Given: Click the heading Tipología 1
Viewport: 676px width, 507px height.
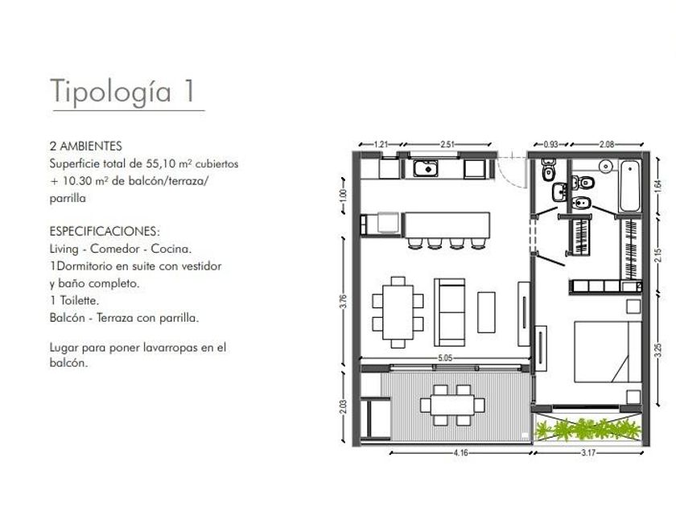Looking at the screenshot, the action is coord(123,92).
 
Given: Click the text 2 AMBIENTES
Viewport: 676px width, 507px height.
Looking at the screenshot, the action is coord(86,146).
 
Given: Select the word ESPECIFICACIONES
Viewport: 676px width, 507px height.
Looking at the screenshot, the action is coord(104,231).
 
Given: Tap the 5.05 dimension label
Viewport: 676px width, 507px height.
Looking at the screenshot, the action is coord(445,358).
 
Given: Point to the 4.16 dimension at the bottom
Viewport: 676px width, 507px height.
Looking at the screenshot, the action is coord(460,452).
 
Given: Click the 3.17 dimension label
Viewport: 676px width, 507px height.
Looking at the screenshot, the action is coord(588,452).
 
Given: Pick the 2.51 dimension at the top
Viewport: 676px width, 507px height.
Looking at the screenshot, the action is coord(447,144).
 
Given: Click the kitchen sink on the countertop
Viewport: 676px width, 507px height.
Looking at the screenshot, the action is coord(426,168).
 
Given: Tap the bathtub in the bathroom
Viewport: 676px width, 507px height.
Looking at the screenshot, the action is coord(630,186).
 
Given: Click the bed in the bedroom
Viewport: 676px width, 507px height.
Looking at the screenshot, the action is coord(608,352).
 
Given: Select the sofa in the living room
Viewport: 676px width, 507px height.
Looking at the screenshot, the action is coord(450,312).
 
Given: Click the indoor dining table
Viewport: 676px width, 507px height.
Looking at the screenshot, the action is coord(398,312).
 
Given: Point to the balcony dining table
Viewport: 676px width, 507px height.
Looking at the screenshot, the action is coord(452,406).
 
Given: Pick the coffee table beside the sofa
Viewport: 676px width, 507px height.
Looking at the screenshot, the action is coord(486,312).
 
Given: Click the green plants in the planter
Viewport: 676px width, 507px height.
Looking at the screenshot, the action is coord(588,430).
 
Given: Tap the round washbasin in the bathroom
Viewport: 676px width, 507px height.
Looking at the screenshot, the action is coord(607,166).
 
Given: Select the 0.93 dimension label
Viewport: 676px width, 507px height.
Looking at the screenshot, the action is coord(550,144).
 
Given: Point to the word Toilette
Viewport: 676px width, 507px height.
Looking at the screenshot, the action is coord(80,300).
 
